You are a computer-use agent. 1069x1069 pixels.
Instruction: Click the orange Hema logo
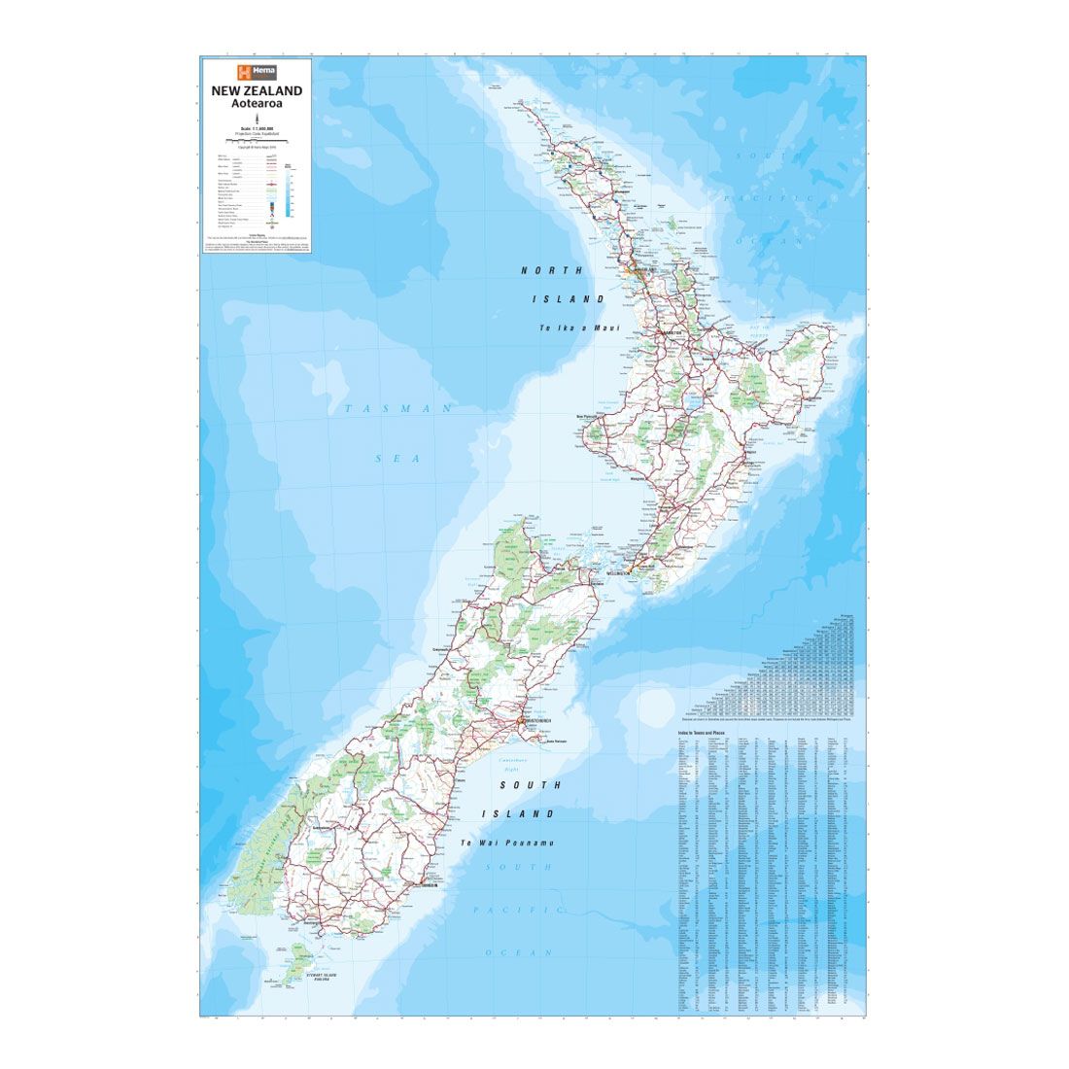click(x=257, y=71)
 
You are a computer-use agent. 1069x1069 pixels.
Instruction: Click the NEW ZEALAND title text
click(x=257, y=90)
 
